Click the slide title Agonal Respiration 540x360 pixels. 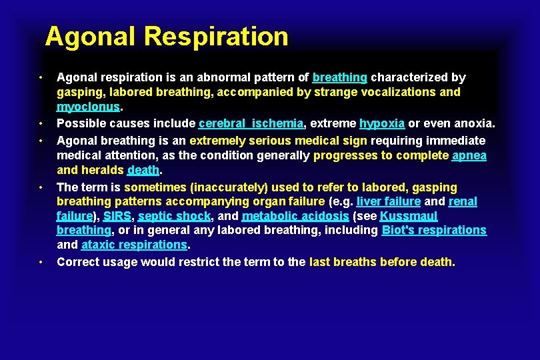(x=167, y=36)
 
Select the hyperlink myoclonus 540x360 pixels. (x=88, y=107)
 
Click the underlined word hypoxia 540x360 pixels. (x=382, y=124)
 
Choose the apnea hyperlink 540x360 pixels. (x=469, y=156)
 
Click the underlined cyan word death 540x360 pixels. (x=143, y=171)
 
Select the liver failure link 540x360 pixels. (x=389, y=201)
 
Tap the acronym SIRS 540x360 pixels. (x=117, y=216)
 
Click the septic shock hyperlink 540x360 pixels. (x=174, y=216)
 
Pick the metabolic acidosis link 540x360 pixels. (x=295, y=216)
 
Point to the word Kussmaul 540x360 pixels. (x=409, y=216)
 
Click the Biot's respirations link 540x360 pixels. (x=434, y=231)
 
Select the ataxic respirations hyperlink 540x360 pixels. (x=134, y=245)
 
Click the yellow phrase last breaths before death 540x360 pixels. (x=382, y=262)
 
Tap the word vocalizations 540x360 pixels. (x=397, y=92)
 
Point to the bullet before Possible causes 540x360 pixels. (x=41, y=124)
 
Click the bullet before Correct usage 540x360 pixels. (x=41, y=262)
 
